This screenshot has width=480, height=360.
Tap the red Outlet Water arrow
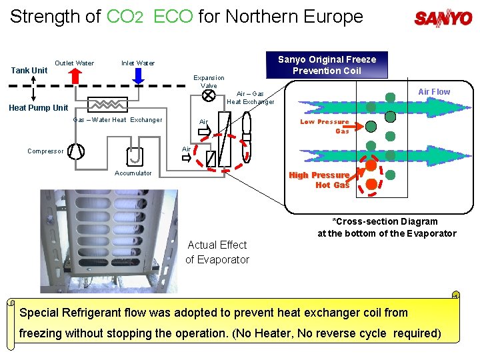pos(74,75)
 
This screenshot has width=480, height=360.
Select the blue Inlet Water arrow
pos(138,75)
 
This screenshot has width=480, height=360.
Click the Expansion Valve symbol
pos(208,95)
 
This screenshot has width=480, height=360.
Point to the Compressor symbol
pos(77,151)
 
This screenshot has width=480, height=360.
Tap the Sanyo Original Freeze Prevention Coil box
pos(327,65)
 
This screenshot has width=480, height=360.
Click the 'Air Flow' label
pos(433,91)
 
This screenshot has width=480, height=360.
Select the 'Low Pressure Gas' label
pos(325,126)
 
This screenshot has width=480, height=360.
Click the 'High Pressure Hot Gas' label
pos(319,180)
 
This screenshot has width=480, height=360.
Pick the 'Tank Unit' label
pos(30,70)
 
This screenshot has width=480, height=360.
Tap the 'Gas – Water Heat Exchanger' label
pos(117,120)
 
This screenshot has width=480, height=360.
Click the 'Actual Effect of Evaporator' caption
pos(217,252)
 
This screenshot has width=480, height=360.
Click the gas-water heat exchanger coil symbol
pos(107,104)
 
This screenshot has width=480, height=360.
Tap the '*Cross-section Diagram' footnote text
pos(385,221)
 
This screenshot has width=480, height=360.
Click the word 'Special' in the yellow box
pos(41,313)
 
